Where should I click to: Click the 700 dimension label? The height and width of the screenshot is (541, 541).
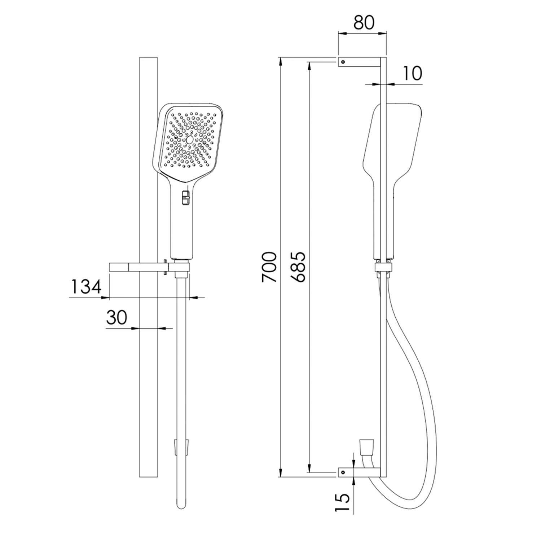point(269,267)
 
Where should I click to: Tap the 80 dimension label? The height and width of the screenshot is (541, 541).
point(364,23)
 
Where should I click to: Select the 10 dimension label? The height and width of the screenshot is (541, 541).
point(412,73)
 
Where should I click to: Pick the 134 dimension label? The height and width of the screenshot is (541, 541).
point(85,287)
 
